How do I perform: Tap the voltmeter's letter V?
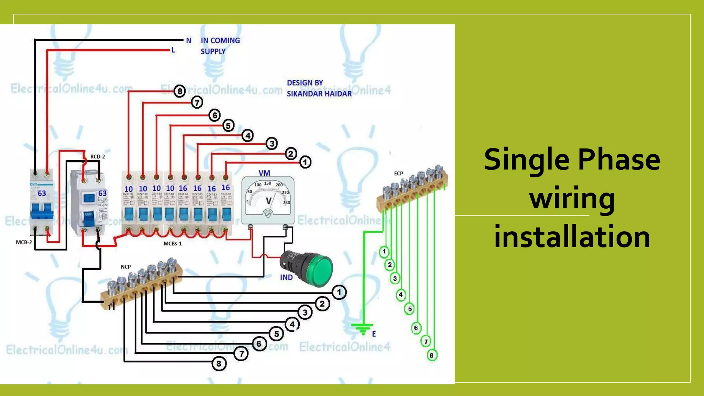point(268,201)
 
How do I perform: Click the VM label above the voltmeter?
point(264,173)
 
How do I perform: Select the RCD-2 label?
point(98,157)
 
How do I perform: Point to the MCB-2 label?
point(24,242)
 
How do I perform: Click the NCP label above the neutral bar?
point(126,267)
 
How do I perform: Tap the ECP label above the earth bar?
point(398,174)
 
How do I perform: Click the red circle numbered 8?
point(179,91)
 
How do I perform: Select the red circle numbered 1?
point(305,162)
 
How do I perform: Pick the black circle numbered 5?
point(276,334)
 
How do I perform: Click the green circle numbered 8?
point(432,355)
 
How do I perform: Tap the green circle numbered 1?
point(384,252)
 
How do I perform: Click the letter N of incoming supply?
point(188,41)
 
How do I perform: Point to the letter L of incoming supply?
point(173,50)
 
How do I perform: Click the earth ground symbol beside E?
point(362,328)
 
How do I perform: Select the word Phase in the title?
point(619,159)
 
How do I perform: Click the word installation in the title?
point(572,237)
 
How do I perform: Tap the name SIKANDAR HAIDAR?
point(319,94)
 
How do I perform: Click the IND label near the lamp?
point(286,277)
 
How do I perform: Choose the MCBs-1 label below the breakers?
point(173,244)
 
